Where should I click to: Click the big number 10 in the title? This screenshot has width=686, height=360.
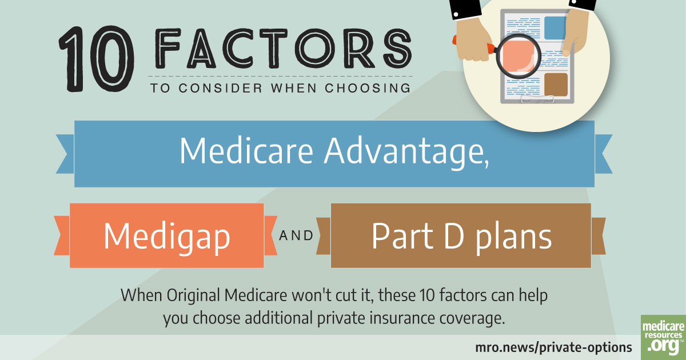[x=97, y=59]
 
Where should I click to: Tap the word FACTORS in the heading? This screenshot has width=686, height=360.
[x=284, y=49]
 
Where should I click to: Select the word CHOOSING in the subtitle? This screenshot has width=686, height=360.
[x=368, y=88]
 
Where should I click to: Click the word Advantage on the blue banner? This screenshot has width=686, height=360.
[x=406, y=151]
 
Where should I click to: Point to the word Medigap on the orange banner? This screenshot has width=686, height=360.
[x=167, y=237]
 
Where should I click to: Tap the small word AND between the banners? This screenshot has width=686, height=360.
[x=296, y=235]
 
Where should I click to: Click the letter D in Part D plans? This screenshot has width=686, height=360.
[x=453, y=235]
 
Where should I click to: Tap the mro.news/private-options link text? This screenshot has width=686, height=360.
[x=553, y=348]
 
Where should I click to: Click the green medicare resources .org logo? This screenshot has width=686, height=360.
[x=663, y=337]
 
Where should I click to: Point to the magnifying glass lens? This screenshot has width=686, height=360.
[x=518, y=56]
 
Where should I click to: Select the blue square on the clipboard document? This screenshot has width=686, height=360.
[x=556, y=28]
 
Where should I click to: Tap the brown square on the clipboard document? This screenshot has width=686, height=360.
[x=556, y=85]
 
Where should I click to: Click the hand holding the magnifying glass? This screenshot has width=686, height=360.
[x=472, y=40]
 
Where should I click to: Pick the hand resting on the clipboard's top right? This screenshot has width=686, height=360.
[x=575, y=31]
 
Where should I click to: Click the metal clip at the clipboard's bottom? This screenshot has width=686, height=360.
[x=537, y=99]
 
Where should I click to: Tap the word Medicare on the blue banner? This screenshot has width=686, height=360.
[x=246, y=151]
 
